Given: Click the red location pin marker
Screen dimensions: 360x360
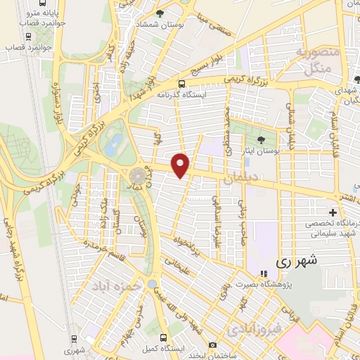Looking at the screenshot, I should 181,165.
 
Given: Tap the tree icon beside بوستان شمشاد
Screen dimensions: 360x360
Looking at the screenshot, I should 160,13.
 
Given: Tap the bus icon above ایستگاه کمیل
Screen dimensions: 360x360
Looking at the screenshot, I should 163,337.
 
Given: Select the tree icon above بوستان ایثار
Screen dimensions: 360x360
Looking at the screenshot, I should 262,139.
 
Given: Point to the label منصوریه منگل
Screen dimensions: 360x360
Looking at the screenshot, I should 318,61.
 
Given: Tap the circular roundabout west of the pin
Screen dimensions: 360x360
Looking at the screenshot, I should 138,175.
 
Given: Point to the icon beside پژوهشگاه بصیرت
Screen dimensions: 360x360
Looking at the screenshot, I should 263,274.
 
